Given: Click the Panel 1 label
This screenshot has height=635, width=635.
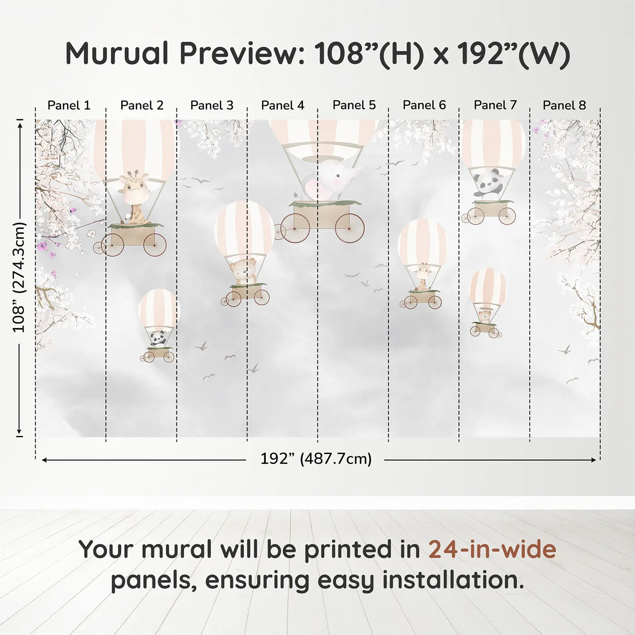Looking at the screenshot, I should click(x=69, y=105).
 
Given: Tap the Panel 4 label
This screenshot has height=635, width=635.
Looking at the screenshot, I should click(x=283, y=105).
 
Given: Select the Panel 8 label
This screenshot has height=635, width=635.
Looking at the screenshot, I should click(x=564, y=105).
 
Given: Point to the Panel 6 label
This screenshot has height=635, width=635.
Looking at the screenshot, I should click(x=424, y=105).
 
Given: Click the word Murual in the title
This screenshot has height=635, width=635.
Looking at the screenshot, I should click(x=117, y=54).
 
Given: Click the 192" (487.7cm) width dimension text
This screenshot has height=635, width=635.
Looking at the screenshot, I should click(x=316, y=459).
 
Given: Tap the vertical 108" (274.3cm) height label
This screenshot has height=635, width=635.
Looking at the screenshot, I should click(x=19, y=277).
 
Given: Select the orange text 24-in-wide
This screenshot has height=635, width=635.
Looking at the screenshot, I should click(x=492, y=549).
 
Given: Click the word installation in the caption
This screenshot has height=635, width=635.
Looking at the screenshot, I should click(x=452, y=580).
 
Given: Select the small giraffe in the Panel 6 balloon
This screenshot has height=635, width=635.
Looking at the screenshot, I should click(x=423, y=276).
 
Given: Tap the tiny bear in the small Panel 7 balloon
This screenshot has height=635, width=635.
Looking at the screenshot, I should click(x=485, y=316).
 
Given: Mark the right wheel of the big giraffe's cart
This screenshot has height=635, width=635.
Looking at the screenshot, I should click(x=155, y=244).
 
